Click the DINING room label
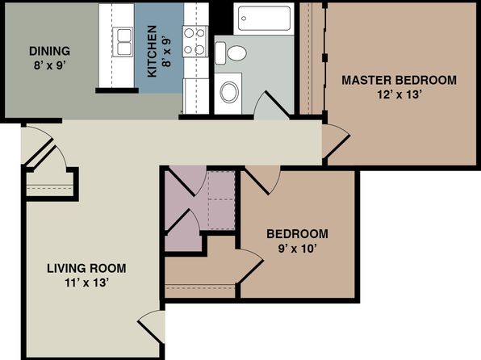coord(50,51)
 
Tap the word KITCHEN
coord(153,51)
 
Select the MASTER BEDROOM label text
coord(399,80)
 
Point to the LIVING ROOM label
coord(86,268)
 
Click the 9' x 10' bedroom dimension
coord(297,249)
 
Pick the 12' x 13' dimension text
coord(399,94)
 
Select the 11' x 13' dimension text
coord(87,283)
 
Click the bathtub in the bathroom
coord(264,19)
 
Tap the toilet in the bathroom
coord(231,53)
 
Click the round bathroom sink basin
coord(229,92)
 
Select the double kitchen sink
coord(123,42)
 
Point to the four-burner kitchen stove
coord(195,41)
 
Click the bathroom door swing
coord(273,105)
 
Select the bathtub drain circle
coord(244,19)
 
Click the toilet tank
coord(220,53)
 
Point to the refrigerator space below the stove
coord(196,96)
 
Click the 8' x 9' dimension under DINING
coord(50,65)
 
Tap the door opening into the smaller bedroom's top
coord(262,181)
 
